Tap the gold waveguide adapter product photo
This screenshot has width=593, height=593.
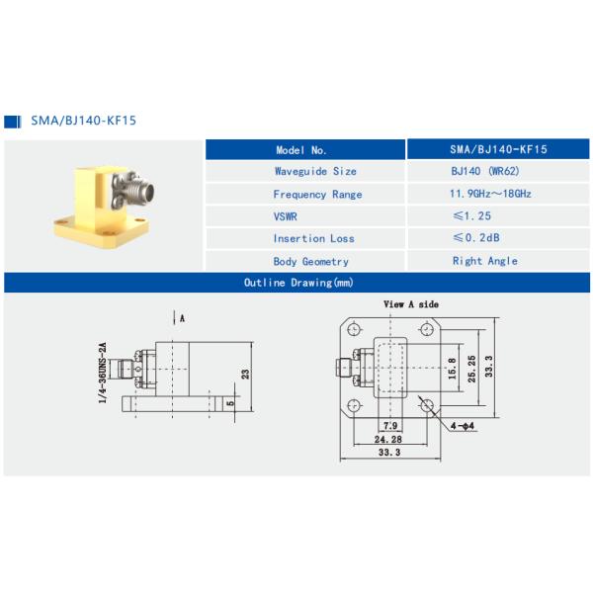coord(102,202)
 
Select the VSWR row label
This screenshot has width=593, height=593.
coord(286,216)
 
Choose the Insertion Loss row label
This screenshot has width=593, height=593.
coord(312,238)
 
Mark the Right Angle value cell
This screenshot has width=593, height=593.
coord(484,261)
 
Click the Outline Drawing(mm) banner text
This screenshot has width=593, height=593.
coord(297,283)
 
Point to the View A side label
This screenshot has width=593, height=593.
coord(410,304)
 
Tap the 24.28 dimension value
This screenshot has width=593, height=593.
coord(388,439)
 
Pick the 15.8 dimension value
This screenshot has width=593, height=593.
coord(452,367)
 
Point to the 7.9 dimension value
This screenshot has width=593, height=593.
coord(388,426)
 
